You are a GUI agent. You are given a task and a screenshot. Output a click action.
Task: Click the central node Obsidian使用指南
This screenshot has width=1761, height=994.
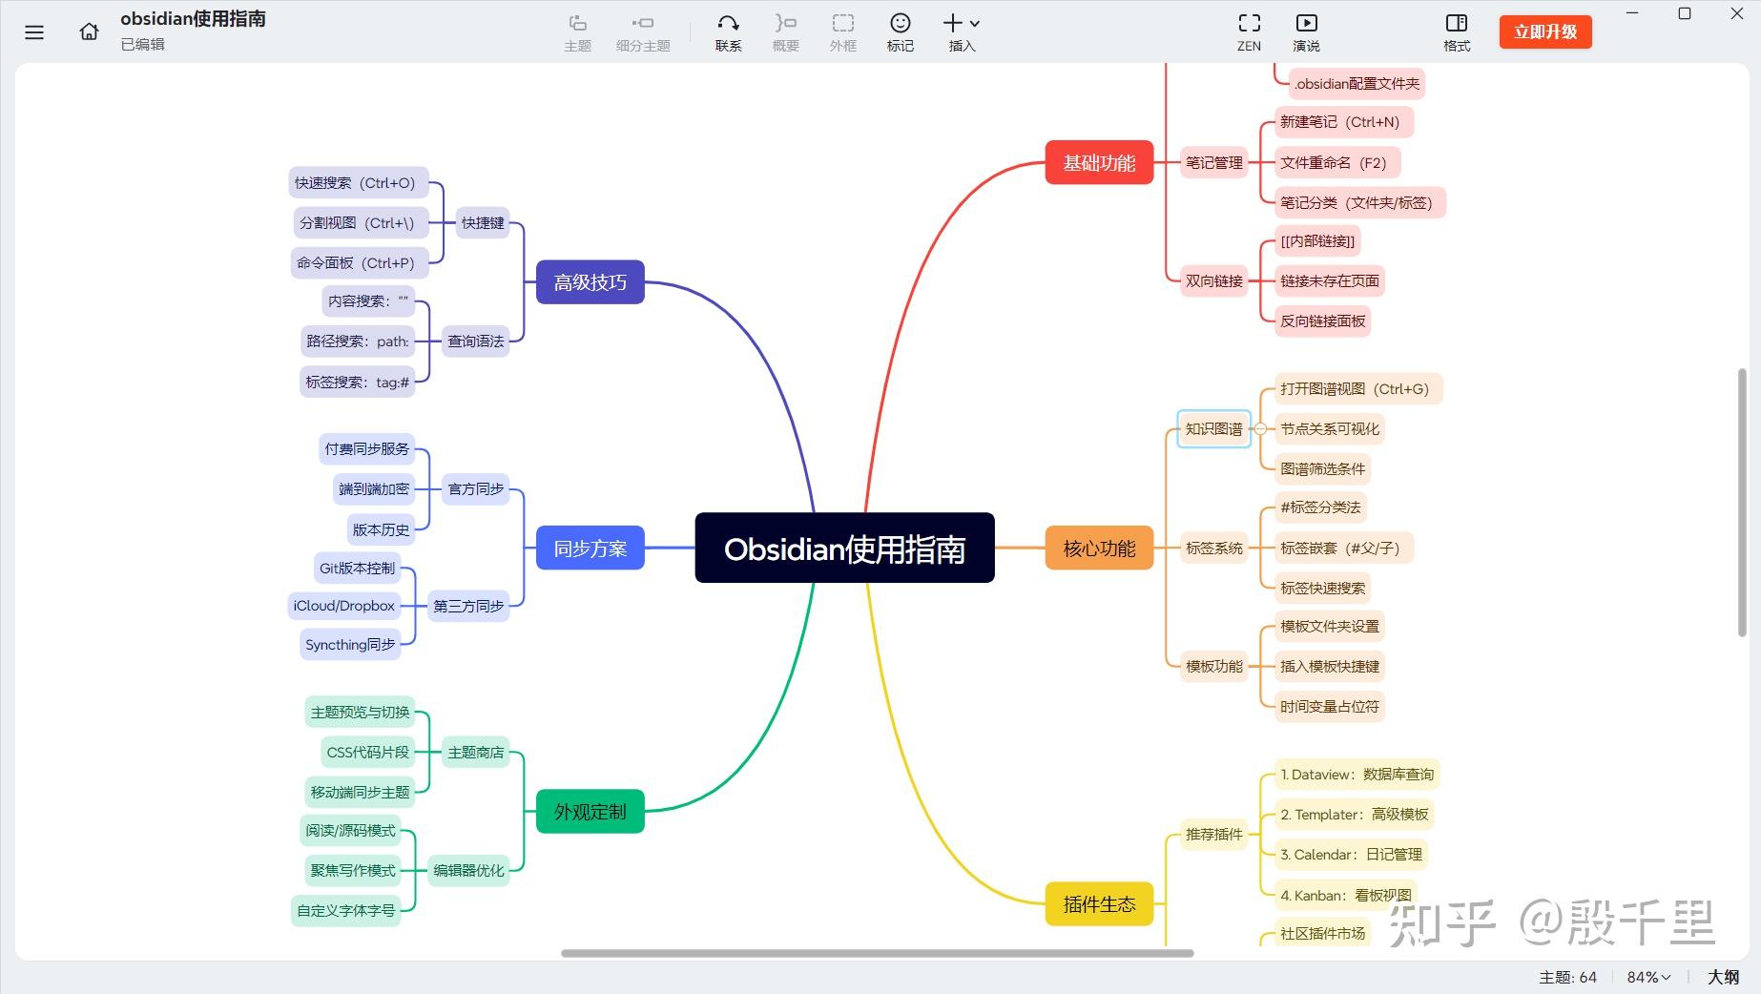pos(844,548)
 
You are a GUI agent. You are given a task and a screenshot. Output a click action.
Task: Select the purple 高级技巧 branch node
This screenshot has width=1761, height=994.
pos(590,282)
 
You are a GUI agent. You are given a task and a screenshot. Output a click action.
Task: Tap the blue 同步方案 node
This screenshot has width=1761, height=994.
pos(590,548)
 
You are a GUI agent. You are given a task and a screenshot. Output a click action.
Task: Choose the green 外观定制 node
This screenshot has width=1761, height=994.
pos(590,811)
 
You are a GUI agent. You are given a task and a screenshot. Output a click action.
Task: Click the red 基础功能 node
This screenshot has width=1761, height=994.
pos(1099,162)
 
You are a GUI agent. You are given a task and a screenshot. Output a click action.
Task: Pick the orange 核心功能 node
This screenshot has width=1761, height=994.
pos(1099,548)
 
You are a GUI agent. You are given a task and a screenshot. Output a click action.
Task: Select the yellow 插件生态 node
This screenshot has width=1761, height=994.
pos(1099,903)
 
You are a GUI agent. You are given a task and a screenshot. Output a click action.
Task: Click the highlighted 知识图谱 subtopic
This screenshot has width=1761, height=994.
pos(1213,428)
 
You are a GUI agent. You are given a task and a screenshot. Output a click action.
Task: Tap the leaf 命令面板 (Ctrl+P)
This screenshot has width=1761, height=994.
pos(355,262)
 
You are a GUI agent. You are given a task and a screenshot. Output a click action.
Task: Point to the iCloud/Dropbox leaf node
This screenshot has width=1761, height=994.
pos(343,606)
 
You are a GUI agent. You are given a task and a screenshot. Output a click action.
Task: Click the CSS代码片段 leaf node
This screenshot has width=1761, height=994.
pos(367,752)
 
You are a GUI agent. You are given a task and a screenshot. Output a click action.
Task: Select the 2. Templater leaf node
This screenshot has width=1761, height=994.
pos(1355,814)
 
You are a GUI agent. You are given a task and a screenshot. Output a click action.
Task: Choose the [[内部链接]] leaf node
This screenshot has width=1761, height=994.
pos(1317,240)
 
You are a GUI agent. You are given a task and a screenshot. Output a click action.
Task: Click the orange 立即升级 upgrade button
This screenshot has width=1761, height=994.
pos(1545,31)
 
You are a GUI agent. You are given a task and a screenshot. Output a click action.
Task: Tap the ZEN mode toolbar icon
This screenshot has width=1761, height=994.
pos(1249,31)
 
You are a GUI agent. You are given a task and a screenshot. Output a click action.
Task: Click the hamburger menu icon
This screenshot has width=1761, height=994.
pos(34,32)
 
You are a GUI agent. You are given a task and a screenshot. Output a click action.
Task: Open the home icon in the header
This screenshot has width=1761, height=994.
pos(89,31)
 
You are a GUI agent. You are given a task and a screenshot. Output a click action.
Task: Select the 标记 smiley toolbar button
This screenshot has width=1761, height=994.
pos(900,31)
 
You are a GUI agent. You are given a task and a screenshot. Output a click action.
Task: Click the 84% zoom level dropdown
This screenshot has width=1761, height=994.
pos(1648,977)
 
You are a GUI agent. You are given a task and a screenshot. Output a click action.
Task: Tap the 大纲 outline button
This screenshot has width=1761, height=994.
pos(1723,977)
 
